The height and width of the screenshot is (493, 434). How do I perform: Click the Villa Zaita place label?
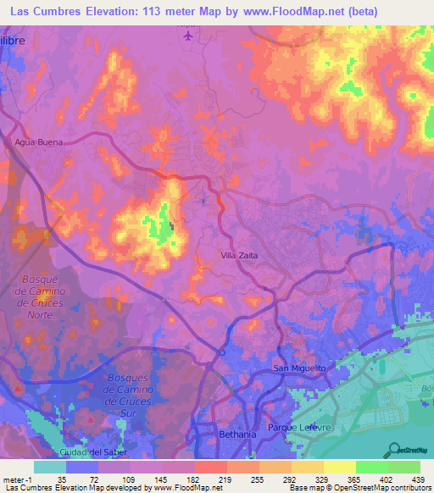point(239,255)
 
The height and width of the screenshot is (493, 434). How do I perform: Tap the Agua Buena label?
point(39,142)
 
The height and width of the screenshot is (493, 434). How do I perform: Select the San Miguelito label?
point(298,368)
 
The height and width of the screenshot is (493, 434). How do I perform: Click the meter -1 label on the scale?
point(17,479)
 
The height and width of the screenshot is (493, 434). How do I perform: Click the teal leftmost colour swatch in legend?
point(49,467)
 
